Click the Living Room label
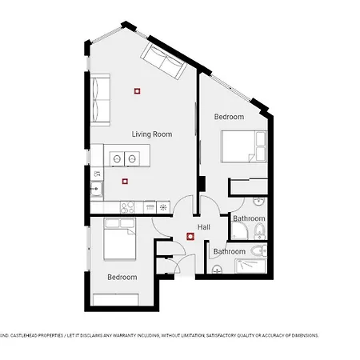(x=152, y=134)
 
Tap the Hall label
(x=203, y=227)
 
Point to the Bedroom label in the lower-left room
(x=122, y=278)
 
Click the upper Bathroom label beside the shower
(x=249, y=218)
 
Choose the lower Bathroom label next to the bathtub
(x=230, y=251)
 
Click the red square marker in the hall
(x=190, y=236)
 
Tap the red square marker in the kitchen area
(x=124, y=181)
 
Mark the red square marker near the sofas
(x=138, y=90)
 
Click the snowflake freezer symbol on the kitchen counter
(x=163, y=207)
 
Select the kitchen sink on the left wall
(x=96, y=190)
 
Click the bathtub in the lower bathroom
(x=255, y=262)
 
